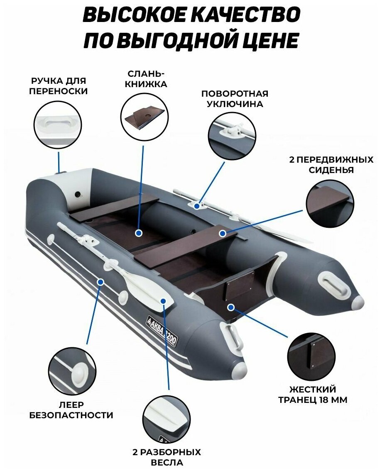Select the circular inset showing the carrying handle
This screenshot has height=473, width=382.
[57, 125]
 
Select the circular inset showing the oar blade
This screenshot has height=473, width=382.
[167, 419]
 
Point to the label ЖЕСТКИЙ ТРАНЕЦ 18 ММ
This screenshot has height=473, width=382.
[313, 395]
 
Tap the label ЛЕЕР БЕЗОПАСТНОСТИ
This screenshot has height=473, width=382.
[71, 410]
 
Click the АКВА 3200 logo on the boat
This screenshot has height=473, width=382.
[163, 328]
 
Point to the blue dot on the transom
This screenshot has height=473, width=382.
[231, 307]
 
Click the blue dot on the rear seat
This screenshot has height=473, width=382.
[222, 233]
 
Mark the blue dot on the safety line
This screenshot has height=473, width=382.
[100, 282]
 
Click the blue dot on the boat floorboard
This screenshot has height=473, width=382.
[138, 233]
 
